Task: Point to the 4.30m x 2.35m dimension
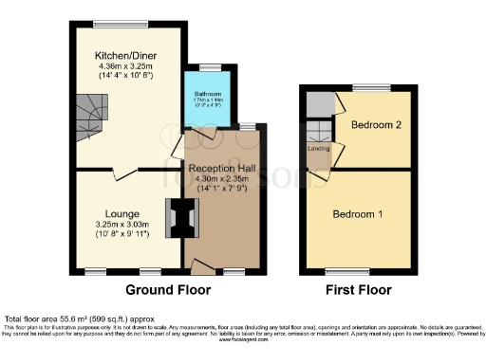224,178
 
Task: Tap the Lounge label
113,214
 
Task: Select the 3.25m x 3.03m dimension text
113,224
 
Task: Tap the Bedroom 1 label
358,214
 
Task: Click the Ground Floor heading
167,290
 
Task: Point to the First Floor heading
357,290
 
